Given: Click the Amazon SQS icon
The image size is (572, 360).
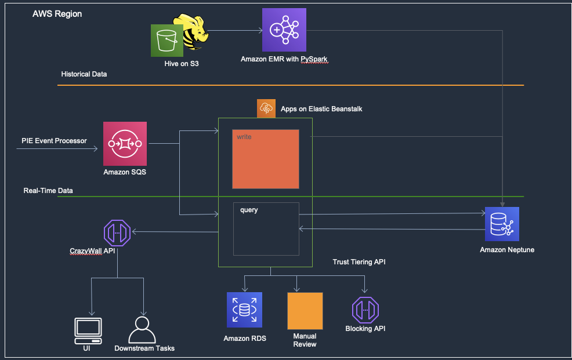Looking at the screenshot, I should coord(125,144).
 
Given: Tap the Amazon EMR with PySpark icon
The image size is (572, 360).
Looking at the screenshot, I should coord(284,30).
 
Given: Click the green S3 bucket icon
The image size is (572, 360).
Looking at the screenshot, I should coord(167,41).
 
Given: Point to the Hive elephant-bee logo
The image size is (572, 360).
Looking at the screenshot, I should coord(195,32).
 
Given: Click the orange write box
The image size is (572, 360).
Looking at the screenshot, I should coord(266,159).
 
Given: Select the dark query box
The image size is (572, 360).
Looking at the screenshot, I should coord(266,229).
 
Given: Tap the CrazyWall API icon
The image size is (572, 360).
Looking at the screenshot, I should coord(118,233).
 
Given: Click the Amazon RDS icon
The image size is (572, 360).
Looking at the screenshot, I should coord(244,310).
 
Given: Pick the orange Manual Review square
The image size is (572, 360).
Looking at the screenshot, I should coord(305,311).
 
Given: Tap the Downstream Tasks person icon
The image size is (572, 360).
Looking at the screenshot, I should coord(142,330).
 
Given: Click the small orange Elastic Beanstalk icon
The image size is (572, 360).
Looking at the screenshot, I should coord(266,108).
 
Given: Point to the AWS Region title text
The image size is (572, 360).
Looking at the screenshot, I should coord(57,13).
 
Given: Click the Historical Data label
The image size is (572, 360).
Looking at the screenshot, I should coord(84,74).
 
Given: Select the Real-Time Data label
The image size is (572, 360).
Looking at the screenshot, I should coord(48,190).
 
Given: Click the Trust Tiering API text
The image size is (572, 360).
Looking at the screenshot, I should coord(360,262).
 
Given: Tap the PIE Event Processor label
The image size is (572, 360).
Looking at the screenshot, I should coord(54,141).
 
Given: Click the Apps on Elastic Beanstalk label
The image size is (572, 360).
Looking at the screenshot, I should coord(321,108).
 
